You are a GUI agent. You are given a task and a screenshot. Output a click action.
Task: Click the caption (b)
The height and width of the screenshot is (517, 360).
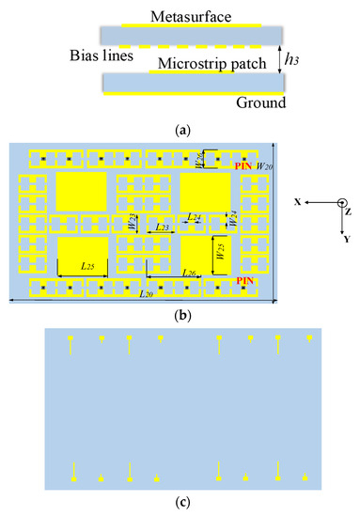[x=180, y=315]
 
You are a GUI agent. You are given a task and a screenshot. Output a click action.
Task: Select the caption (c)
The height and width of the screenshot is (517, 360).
[x=180, y=504]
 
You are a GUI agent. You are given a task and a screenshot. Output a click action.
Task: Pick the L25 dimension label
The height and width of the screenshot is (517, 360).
[x=87, y=267]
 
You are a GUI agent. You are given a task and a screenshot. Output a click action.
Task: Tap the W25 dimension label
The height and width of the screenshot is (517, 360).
[x=219, y=252]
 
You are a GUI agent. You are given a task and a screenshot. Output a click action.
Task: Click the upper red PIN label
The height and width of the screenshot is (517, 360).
[x=246, y=164]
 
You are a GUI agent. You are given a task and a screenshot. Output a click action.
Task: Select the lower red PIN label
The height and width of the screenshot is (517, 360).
[x=246, y=281]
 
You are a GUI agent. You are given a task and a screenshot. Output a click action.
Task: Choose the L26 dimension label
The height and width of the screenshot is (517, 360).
[x=188, y=274]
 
